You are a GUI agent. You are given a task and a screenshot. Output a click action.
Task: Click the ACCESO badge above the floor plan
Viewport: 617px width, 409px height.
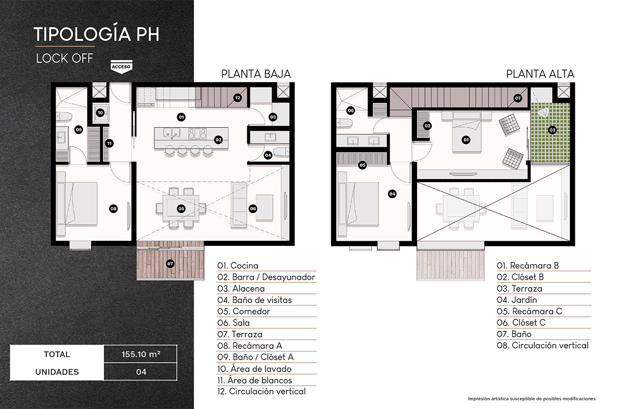tap(120, 67)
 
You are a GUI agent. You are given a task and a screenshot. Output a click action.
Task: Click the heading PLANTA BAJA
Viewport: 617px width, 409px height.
tap(256, 74)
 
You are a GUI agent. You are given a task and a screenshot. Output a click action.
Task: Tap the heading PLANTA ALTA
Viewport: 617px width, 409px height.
tap(540, 74)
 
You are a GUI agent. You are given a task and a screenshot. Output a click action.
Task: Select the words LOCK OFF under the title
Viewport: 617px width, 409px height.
tap(64, 58)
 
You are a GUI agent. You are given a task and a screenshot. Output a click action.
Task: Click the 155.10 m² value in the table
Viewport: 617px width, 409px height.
tap(140, 354)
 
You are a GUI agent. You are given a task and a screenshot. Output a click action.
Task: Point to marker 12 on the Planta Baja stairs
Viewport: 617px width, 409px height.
tap(237, 98)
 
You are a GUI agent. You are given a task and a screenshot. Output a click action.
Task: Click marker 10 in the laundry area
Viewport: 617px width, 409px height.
tap(100, 112)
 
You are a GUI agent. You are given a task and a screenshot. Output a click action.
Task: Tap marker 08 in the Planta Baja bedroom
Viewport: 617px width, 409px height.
tap(113, 208)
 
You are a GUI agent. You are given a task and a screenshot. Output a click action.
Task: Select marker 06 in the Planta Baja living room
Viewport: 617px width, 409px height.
tap(253, 208)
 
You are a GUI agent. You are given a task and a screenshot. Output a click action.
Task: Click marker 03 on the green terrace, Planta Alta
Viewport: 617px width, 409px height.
tap(552, 130)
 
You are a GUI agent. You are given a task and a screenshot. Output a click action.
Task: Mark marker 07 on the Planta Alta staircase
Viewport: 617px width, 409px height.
tap(518, 98)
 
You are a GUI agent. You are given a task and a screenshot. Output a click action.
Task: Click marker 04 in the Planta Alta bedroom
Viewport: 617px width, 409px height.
tap(392, 194)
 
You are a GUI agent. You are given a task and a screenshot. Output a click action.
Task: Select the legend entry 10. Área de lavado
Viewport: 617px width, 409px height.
tap(254, 369)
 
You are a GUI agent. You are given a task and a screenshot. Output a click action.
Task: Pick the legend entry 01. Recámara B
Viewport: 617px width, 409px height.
tap(527, 266)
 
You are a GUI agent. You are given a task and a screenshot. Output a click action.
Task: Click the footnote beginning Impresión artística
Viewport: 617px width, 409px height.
tap(531, 399)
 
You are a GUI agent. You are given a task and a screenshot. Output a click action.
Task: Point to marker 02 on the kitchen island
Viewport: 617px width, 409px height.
tap(218, 139)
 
